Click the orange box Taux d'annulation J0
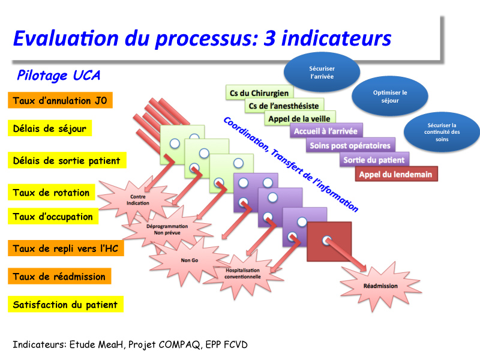pyautogui.click(x=61, y=100)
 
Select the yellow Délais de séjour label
pyautogui.click(x=50, y=128)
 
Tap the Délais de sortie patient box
pyautogui.click(x=67, y=160)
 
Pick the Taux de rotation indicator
pyautogui.click(x=52, y=192)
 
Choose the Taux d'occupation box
pyautogui.click(x=53, y=216)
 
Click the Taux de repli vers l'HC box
pyautogui.click(x=66, y=248)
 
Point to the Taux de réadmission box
pyautogui.click(x=59, y=276)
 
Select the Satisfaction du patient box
pyautogui.click(x=65, y=304)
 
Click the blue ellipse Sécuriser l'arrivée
pyautogui.click(x=322, y=72)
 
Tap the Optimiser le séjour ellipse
pyautogui.click(x=390, y=96)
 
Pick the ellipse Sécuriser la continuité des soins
pyautogui.click(x=442, y=132)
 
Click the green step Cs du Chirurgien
pyautogui.click(x=259, y=93)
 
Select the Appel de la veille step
pyautogui.click(x=299, y=118)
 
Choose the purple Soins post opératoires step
pyautogui.click(x=350, y=145)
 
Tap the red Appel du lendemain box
pyautogui.click(x=396, y=174)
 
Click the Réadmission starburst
pyautogui.click(x=380, y=286)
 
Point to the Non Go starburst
pyautogui.click(x=189, y=260)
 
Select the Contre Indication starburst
pyautogui.click(x=138, y=200)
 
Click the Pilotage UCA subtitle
pyautogui.click(x=58, y=76)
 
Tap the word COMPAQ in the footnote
pyautogui.click(x=179, y=344)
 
